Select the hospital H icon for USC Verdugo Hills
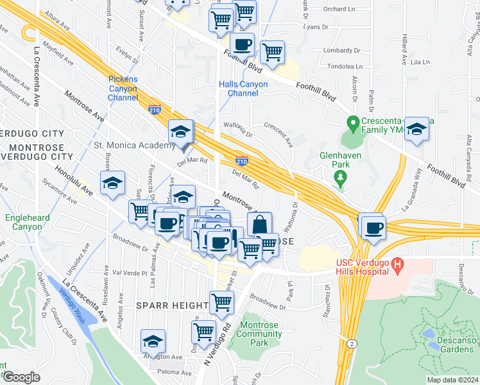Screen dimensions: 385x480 point(398,264)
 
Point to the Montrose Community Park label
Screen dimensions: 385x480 point(259,334)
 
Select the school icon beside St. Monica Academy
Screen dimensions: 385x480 point(181,132)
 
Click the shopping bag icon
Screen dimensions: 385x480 point(259,225)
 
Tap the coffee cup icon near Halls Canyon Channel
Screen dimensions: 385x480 point(242,45)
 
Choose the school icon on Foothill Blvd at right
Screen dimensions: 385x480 point(416,129)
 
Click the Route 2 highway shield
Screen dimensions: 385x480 point(351,344)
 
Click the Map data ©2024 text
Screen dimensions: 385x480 point(452,380)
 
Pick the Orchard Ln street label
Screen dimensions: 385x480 point(339,9)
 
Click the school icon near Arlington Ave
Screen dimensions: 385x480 point(153,341)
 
